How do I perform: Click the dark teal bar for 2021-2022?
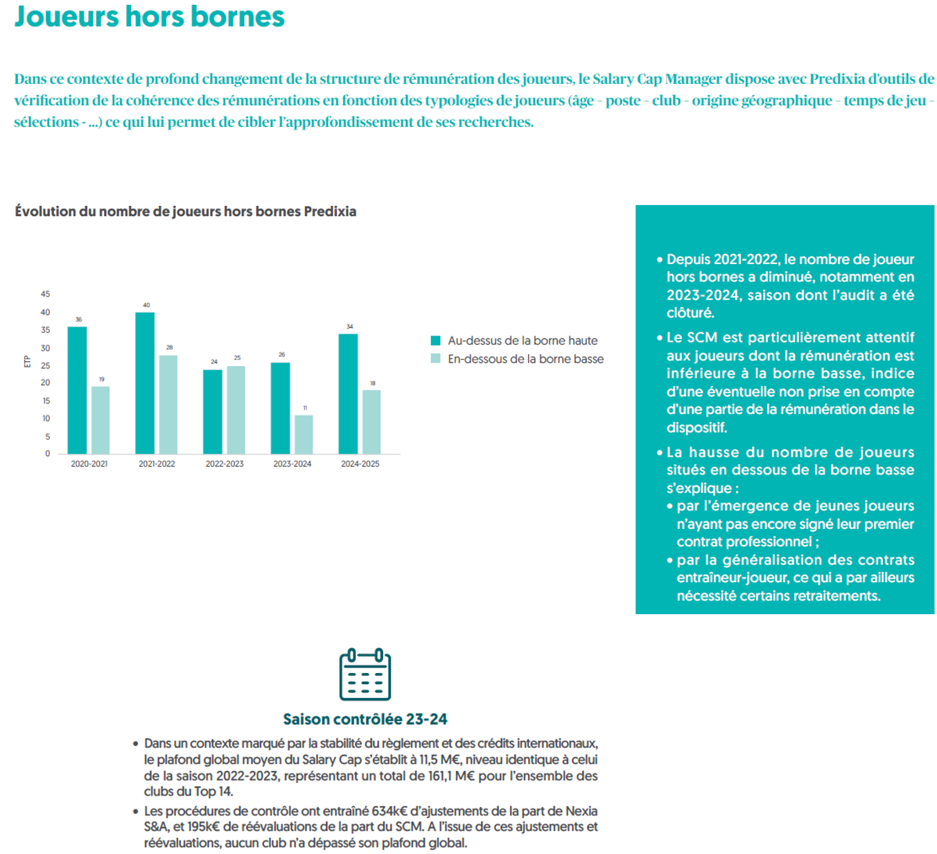(145, 383)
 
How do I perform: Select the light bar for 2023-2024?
(304, 435)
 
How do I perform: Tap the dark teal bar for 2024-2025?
(348, 394)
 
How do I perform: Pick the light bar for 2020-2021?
(100, 420)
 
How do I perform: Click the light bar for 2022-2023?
(236, 410)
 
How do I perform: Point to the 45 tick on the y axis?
(45, 295)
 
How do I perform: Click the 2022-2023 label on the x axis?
(225, 464)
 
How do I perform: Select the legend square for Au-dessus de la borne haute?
(435, 340)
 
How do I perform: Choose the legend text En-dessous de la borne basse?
(525, 359)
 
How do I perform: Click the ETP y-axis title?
(27, 361)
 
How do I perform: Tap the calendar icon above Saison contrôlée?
(365, 674)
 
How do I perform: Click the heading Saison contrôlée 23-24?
(365, 719)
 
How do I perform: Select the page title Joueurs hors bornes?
(149, 17)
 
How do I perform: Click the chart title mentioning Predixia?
(186, 211)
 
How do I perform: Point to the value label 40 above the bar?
(146, 305)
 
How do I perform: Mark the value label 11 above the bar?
(305, 408)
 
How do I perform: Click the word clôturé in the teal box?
(690, 313)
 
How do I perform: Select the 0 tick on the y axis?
(47, 454)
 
